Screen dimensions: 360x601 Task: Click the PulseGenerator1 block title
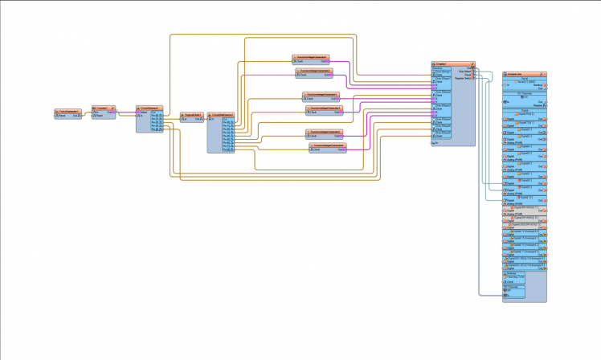(x=68, y=110)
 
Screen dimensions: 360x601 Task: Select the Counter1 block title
(x=103, y=106)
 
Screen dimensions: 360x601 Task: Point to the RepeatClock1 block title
(x=193, y=114)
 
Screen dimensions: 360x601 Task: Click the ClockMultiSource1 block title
(x=221, y=115)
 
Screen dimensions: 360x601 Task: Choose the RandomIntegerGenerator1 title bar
(x=309, y=57)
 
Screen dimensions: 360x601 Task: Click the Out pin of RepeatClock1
(x=200, y=119)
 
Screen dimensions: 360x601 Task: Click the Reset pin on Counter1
(x=95, y=115)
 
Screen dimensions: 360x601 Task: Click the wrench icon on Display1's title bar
(x=472, y=63)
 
